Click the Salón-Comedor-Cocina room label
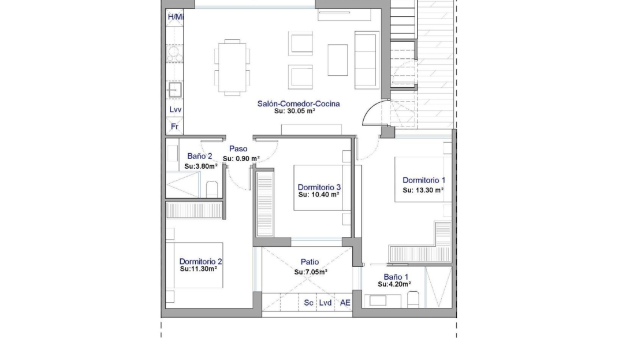[x=299, y=104]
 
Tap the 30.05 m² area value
[x=301, y=111]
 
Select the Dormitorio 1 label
[x=424, y=180]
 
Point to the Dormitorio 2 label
[x=200, y=261]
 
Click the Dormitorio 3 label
[x=319, y=187]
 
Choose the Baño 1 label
[x=396, y=277]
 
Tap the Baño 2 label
[x=199, y=156]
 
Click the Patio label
[x=310, y=262]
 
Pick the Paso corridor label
[x=238, y=149]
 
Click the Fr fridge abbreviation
[x=174, y=127]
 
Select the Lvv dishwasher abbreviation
[x=176, y=110]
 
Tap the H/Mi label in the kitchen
[x=176, y=17]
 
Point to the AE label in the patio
[x=345, y=303]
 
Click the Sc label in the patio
[x=308, y=303]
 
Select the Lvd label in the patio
[x=325, y=303]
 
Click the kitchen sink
[x=174, y=90]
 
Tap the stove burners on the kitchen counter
[x=174, y=54]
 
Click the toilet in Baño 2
[x=212, y=190]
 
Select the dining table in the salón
[x=232, y=68]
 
